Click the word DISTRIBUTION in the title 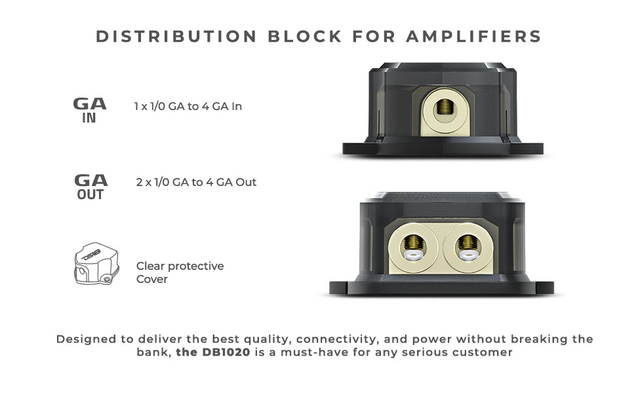click(176, 37)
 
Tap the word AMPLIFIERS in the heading click(474, 37)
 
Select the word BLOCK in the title click(305, 37)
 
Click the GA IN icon click(90, 110)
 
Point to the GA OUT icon click(91, 187)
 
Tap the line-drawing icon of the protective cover click(96, 264)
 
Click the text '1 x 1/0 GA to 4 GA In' click(188, 106)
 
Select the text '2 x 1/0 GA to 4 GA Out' click(196, 182)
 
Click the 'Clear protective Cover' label click(180, 272)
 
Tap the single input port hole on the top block click(445, 109)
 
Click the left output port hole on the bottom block click(413, 244)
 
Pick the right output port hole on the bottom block click(468, 244)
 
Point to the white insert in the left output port click(413, 255)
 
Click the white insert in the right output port click(468, 255)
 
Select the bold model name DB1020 click(226, 352)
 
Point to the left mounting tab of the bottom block click(342, 288)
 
